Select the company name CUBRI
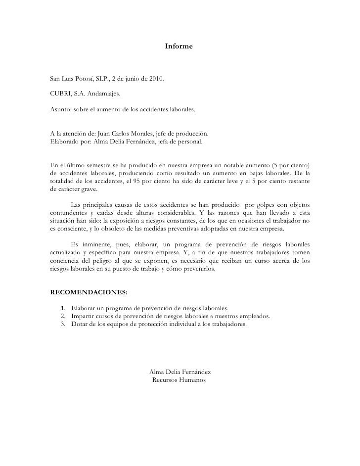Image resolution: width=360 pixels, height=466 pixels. coord(61,92)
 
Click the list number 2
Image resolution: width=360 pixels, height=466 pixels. coord(63,317)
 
